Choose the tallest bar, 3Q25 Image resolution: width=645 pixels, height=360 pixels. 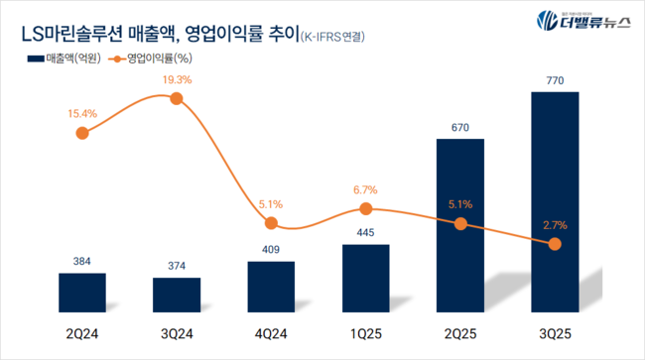tap(555, 204)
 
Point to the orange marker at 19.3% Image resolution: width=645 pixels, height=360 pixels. tap(177, 98)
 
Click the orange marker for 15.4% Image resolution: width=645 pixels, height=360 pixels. tap(82, 132)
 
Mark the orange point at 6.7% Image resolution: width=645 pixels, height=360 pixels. tap(366, 208)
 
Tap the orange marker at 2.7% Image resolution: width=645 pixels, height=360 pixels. tap(555, 245)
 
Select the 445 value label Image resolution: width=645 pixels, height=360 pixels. tap(366, 233)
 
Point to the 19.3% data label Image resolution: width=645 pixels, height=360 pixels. tap(177, 78)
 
